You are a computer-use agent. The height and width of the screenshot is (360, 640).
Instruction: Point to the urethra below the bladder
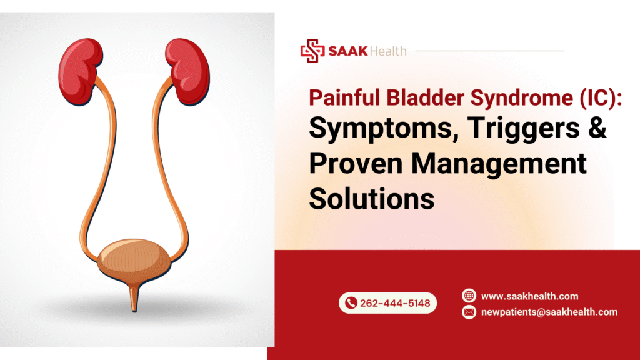[134, 299]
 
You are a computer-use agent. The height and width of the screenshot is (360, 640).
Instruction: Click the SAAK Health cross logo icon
[312, 51]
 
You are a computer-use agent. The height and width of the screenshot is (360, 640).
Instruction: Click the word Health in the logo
[389, 51]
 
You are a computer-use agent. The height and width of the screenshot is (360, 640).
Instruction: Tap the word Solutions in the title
[372, 199]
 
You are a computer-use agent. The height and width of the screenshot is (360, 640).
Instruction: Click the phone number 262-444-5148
[394, 303]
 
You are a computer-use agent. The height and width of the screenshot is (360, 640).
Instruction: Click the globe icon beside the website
[469, 296]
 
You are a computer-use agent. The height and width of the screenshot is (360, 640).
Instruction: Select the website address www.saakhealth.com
[529, 296]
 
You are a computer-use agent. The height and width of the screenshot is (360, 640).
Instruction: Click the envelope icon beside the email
[469, 312]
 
